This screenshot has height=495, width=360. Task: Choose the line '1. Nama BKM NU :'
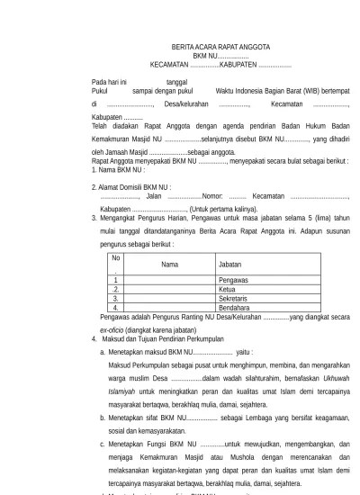click(119, 169)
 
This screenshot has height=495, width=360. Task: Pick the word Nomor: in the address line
click(212, 194)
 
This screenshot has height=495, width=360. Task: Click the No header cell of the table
click(115, 258)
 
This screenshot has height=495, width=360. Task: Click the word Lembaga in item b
click(265, 418)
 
